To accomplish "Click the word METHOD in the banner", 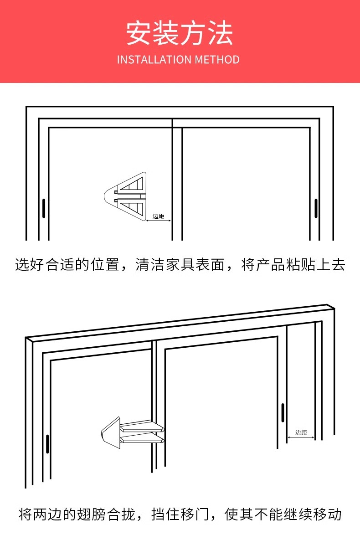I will tap(217, 60).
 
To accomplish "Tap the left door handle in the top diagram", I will tap(44, 208).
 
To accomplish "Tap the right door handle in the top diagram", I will tap(316, 208).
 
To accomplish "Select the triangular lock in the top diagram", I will tap(125, 197).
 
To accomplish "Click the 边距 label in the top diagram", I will tap(158, 216).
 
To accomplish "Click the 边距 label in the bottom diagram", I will tap(301, 432).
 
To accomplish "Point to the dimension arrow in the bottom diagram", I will tap(301, 438).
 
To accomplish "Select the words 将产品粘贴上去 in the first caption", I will tap(293, 265).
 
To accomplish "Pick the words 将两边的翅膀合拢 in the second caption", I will tap(77, 514).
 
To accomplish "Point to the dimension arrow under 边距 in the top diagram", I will tap(158, 221).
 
